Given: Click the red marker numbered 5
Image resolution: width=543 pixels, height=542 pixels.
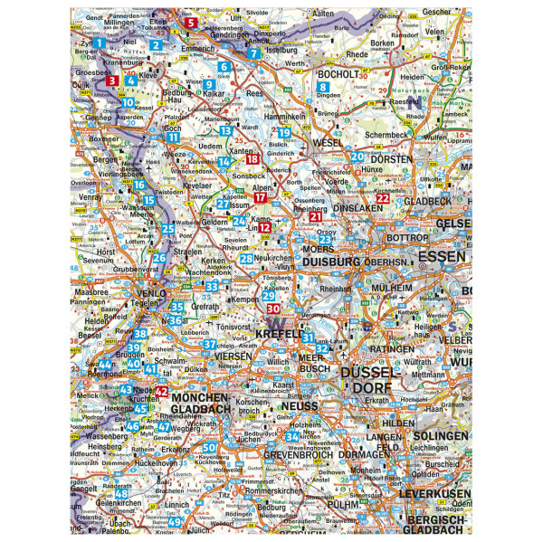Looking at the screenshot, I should coord(190,23).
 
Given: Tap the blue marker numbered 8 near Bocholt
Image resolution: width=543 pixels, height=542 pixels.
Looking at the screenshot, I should coord(322,88).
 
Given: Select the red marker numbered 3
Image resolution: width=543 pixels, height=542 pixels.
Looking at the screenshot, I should coord(112,81).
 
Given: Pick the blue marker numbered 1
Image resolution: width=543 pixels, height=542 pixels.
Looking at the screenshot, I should coord(99,43).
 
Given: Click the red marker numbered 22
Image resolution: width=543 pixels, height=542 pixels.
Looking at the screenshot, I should coord(383,198).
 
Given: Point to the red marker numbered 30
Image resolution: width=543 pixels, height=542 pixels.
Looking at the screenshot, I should coord(273,309).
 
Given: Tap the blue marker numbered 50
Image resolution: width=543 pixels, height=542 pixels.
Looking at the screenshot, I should coord(209,448).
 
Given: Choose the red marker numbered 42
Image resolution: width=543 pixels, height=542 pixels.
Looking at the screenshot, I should coord(162,391).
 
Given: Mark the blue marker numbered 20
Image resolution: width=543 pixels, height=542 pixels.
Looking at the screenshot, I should coord(357,157).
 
